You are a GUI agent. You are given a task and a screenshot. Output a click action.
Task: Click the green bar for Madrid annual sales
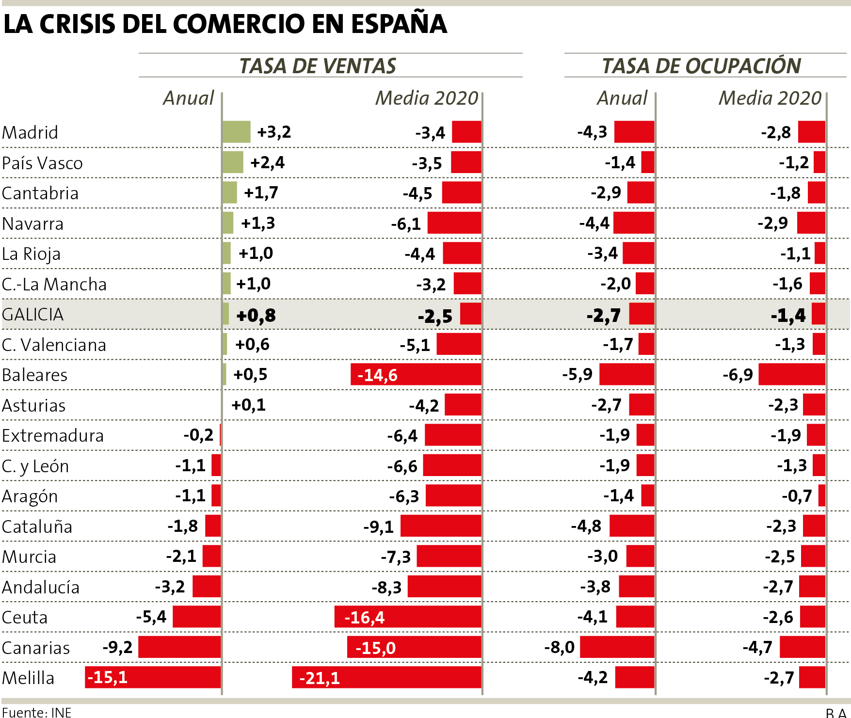coord(236,132)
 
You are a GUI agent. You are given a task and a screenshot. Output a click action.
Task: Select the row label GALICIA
coord(32,315)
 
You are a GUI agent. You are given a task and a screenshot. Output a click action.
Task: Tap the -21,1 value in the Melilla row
coord(320,678)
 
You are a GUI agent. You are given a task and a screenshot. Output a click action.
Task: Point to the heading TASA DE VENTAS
coord(318,66)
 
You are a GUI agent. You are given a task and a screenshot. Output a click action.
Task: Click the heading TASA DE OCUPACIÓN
coord(701,66)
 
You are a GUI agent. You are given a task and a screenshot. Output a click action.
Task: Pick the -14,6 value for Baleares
coord(377,375)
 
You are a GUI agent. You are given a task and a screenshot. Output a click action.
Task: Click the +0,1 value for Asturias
coord(248,405)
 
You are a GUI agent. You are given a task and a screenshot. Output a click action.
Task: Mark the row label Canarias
coord(36,648)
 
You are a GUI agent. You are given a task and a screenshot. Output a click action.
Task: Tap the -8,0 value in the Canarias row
coord(559,647)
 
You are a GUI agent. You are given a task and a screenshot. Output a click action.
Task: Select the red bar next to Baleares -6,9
coord(791,374)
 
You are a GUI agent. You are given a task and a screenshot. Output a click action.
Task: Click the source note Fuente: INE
coord(36,712)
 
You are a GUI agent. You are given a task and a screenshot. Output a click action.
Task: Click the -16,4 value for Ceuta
coord(364,618)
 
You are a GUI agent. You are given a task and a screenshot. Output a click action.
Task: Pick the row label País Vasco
coord(42,163)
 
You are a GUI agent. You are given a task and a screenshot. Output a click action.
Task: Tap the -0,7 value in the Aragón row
coord(796,496)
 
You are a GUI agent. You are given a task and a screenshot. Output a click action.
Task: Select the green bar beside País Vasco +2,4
coord(233,162)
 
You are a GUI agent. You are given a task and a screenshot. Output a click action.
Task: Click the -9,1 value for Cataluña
coord(379,527)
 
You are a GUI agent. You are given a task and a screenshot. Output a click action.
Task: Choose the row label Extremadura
coord(52,435)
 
